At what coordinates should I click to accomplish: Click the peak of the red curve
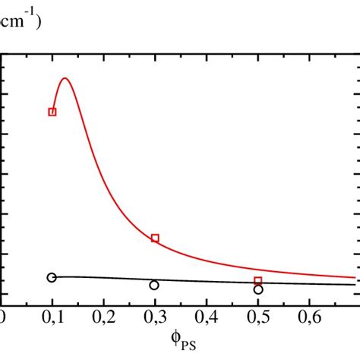(x=65, y=78)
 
